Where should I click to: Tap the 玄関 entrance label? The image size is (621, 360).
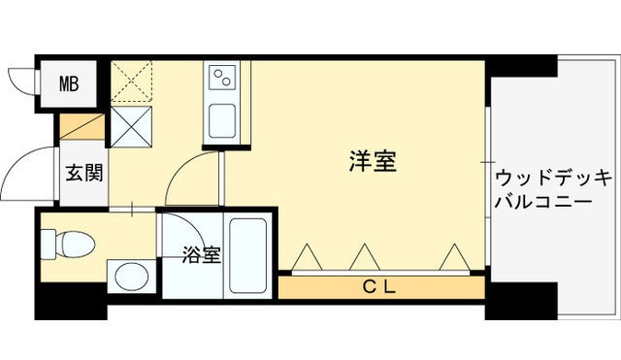[82, 175]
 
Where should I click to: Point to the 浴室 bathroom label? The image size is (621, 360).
[201, 256]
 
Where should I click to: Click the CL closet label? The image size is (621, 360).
[380, 286]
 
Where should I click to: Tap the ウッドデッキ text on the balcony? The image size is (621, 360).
[552, 179]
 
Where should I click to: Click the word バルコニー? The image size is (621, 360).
[543, 204]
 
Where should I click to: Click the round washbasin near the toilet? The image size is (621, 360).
[127, 277]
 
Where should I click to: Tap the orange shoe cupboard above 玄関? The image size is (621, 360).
[82, 127]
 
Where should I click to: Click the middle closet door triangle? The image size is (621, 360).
[364, 257]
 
